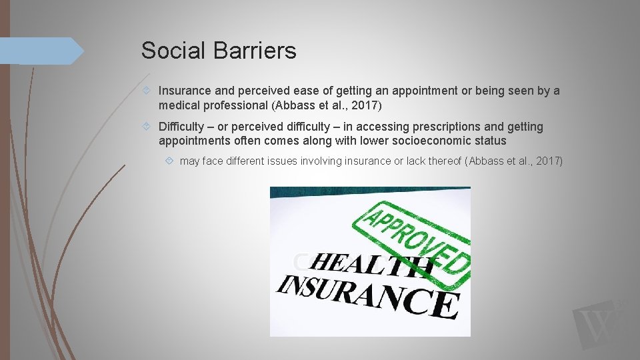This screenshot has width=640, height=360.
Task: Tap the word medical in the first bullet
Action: (x=178, y=105)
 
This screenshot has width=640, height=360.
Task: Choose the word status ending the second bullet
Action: (x=489, y=141)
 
